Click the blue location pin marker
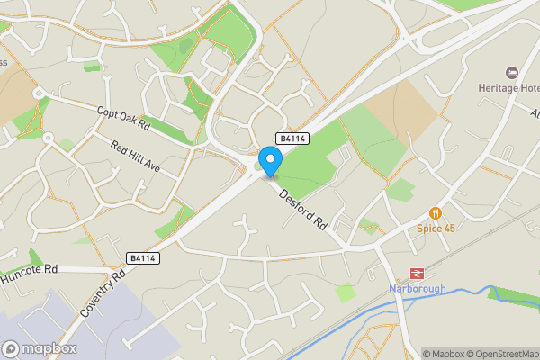[x=270, y=162]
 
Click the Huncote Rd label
[x=29, y=269]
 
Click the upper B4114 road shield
[x=292, y=139]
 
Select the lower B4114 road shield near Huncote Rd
[x=143, y=258]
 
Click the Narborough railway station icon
[x=417, y=273]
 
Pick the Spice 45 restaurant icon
[x=436, y=213]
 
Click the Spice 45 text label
[x=436, y=229]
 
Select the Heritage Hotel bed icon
[x=512, y=72]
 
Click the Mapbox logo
[x=39, y=348]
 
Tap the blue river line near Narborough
[x=450, y=292]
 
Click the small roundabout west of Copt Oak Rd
[x=38, y=93]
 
